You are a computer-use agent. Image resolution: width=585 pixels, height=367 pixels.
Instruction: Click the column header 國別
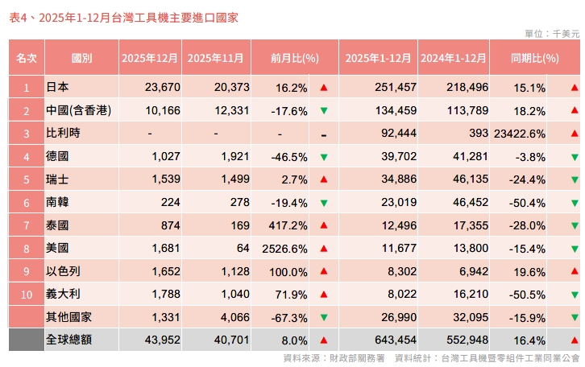click(81, 58)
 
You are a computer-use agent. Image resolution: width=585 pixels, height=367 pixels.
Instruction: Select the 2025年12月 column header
click(150, 58)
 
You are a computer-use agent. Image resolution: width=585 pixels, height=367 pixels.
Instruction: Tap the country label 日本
click(57, 87)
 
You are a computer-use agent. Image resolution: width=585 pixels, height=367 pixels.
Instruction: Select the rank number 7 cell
click(27, 225)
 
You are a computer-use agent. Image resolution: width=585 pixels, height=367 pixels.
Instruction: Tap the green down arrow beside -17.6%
click(323, 110)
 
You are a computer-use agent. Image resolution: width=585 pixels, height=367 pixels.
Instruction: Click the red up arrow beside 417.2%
click(323, 225)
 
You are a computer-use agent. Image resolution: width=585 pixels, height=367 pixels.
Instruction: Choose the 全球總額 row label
click(69, 340)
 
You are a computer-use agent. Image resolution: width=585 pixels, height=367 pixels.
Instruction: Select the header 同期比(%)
click(534, 58)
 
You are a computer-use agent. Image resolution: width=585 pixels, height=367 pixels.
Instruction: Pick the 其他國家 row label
click(69, 317)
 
